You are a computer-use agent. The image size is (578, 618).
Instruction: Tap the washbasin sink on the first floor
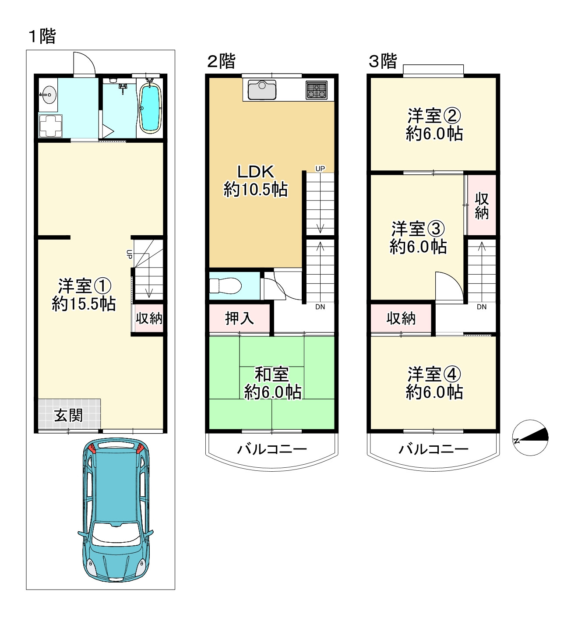pos(48,94)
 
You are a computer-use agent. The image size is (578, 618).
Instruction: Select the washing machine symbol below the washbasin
pos(51,126)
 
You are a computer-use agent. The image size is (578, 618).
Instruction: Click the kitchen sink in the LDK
pos(262,90)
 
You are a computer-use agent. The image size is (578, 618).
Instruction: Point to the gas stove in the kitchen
pos(316,90)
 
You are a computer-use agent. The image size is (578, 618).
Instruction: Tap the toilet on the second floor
pos(226,286)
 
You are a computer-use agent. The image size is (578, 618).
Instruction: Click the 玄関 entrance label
pos(68,415)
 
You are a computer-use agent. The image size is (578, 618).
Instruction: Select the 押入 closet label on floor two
pos(239,318)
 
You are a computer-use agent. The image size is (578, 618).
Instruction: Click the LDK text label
pos(255,172)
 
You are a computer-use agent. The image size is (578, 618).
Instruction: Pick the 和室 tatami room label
pos(271,374)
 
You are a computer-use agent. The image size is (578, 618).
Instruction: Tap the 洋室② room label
pos(434,116)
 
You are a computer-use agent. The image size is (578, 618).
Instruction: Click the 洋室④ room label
pos(434,374)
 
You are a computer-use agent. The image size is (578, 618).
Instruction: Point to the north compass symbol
pos(530,438)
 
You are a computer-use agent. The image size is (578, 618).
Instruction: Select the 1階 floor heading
pos(42,36)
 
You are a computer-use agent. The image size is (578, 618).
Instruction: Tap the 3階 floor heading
pos(383,61)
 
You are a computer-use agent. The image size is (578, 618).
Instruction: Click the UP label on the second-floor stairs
pos(320,169)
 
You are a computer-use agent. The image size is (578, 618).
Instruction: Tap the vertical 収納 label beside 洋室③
pos(482,205)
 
